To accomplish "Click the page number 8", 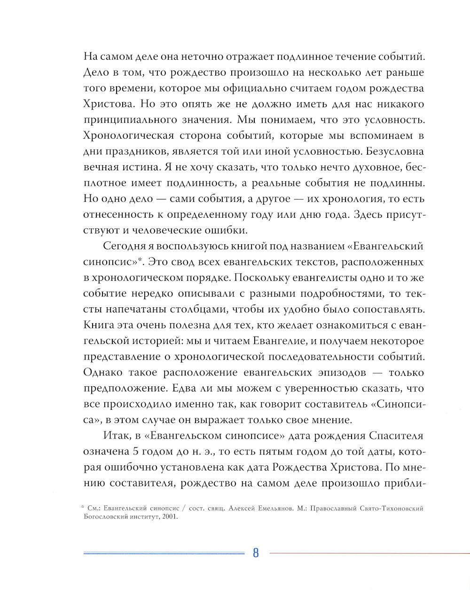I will point(256,553).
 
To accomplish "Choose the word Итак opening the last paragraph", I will point(113,435).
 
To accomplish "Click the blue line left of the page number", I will point(164,553).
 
